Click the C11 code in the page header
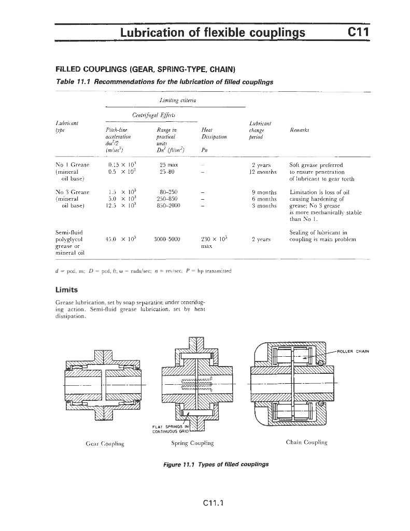click(x=359, y=32)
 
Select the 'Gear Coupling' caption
click(x=105, y=444)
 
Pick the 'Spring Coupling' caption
click(x=192, y=443)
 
